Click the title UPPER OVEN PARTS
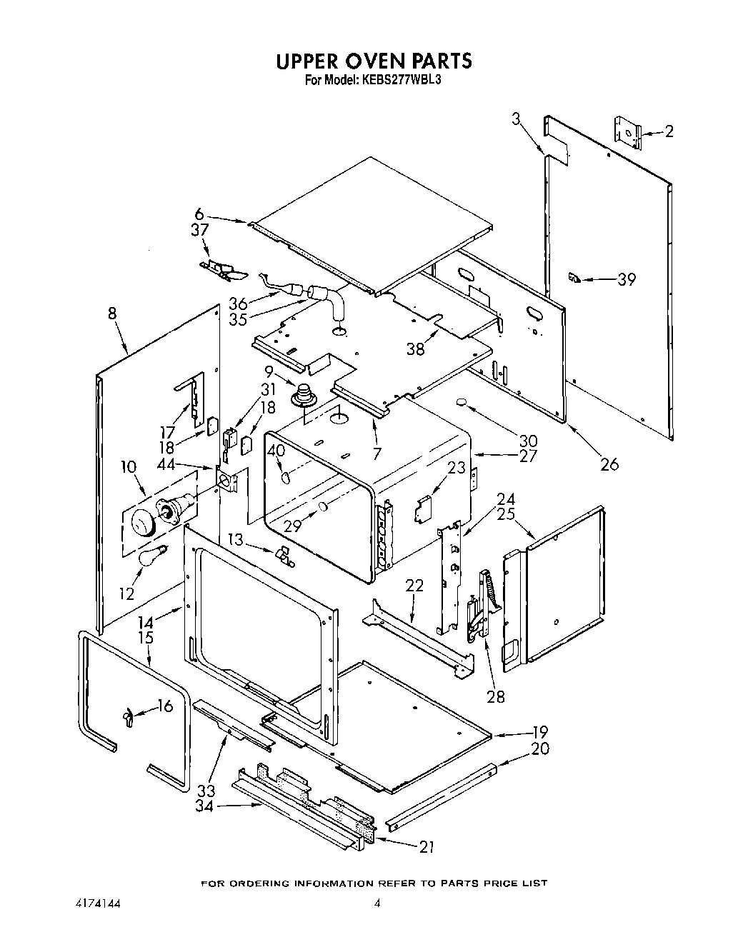point(374,61)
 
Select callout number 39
point(627,279)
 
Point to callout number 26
point(609,464)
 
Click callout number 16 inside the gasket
point(165,706)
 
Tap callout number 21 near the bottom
point(427,847)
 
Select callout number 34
point(205,806)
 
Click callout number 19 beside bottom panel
point(539,731)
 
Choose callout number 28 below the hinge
point(495,696)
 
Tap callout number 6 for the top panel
point(199,214)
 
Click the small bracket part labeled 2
point(627,132)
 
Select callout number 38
point(415,349)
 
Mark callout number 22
point(414,586)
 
